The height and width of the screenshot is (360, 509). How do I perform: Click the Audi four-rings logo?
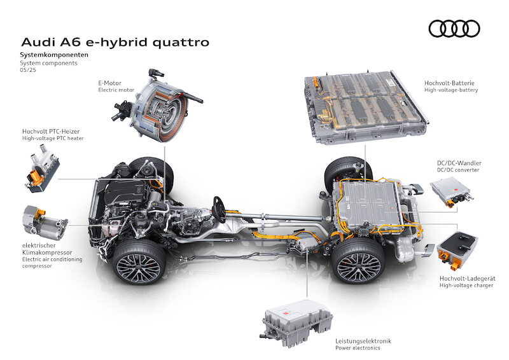tap(454, 29)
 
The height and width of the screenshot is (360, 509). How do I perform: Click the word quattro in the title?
tap(181, 43)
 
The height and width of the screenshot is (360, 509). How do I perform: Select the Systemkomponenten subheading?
tap(54, 55)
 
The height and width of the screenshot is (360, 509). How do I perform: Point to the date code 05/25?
tap(28, 70)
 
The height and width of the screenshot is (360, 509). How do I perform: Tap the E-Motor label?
tap(109, 83)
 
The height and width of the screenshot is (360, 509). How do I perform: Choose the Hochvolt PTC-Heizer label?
tap(51, 132)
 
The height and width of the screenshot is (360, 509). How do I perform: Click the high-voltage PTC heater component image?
tap(42, 169)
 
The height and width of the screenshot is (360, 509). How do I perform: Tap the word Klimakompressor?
tap(47, 253)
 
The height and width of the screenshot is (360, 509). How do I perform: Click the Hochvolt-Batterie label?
tap(449, 83)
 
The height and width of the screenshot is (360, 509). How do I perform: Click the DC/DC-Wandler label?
tap(459, 163)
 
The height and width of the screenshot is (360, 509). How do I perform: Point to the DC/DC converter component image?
tap(452, 192)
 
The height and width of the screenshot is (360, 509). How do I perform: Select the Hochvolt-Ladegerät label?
tap(468, 278)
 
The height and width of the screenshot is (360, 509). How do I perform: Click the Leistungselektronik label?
tap(363, 341)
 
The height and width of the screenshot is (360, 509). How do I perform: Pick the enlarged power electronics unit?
tap(296, 323)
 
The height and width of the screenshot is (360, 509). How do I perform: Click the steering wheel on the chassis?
tap(220, 209)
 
